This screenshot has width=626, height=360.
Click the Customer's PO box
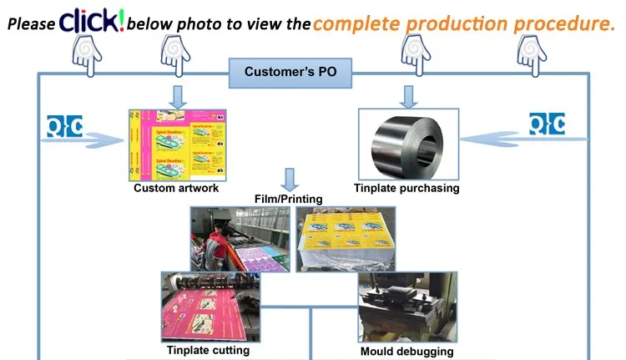tap(290, 72)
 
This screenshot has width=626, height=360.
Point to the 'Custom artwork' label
tap(176, 188)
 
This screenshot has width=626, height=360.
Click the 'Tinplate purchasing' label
tap(407, 188)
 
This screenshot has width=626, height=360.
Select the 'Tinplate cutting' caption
tap(208, 350)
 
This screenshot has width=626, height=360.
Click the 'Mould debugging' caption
tap(407, 352)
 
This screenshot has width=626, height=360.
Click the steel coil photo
tap(407, 145)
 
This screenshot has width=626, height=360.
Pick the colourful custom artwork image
tap(176, 145)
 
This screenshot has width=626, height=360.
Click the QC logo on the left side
tap(65, 125)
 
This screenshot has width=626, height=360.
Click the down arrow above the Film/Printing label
tap(290, 179)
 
